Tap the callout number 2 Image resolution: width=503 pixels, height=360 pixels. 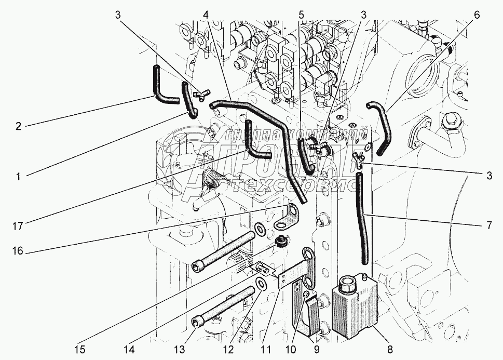18,126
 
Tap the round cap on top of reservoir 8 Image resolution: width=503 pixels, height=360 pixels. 346,285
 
